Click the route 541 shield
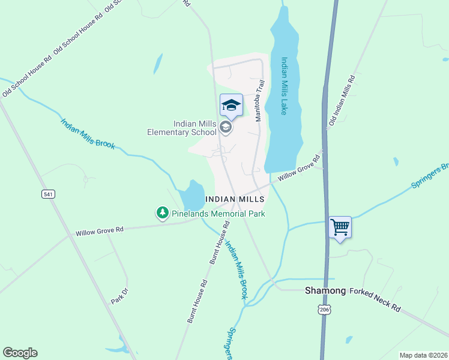[x=49, y=194]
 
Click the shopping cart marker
[x=340, y=228]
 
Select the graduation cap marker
[x=231, y=106]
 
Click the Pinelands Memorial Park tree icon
[x=162, y=213]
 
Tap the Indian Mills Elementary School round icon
[x=225, y=127]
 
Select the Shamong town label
[x=325, y=290]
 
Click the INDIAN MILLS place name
[x=235, y=199]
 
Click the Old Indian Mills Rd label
[x=342, y=101]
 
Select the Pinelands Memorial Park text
[x=218, y=213]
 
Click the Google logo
[x=20, y=353]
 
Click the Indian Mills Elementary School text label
[x=181, y=128]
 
